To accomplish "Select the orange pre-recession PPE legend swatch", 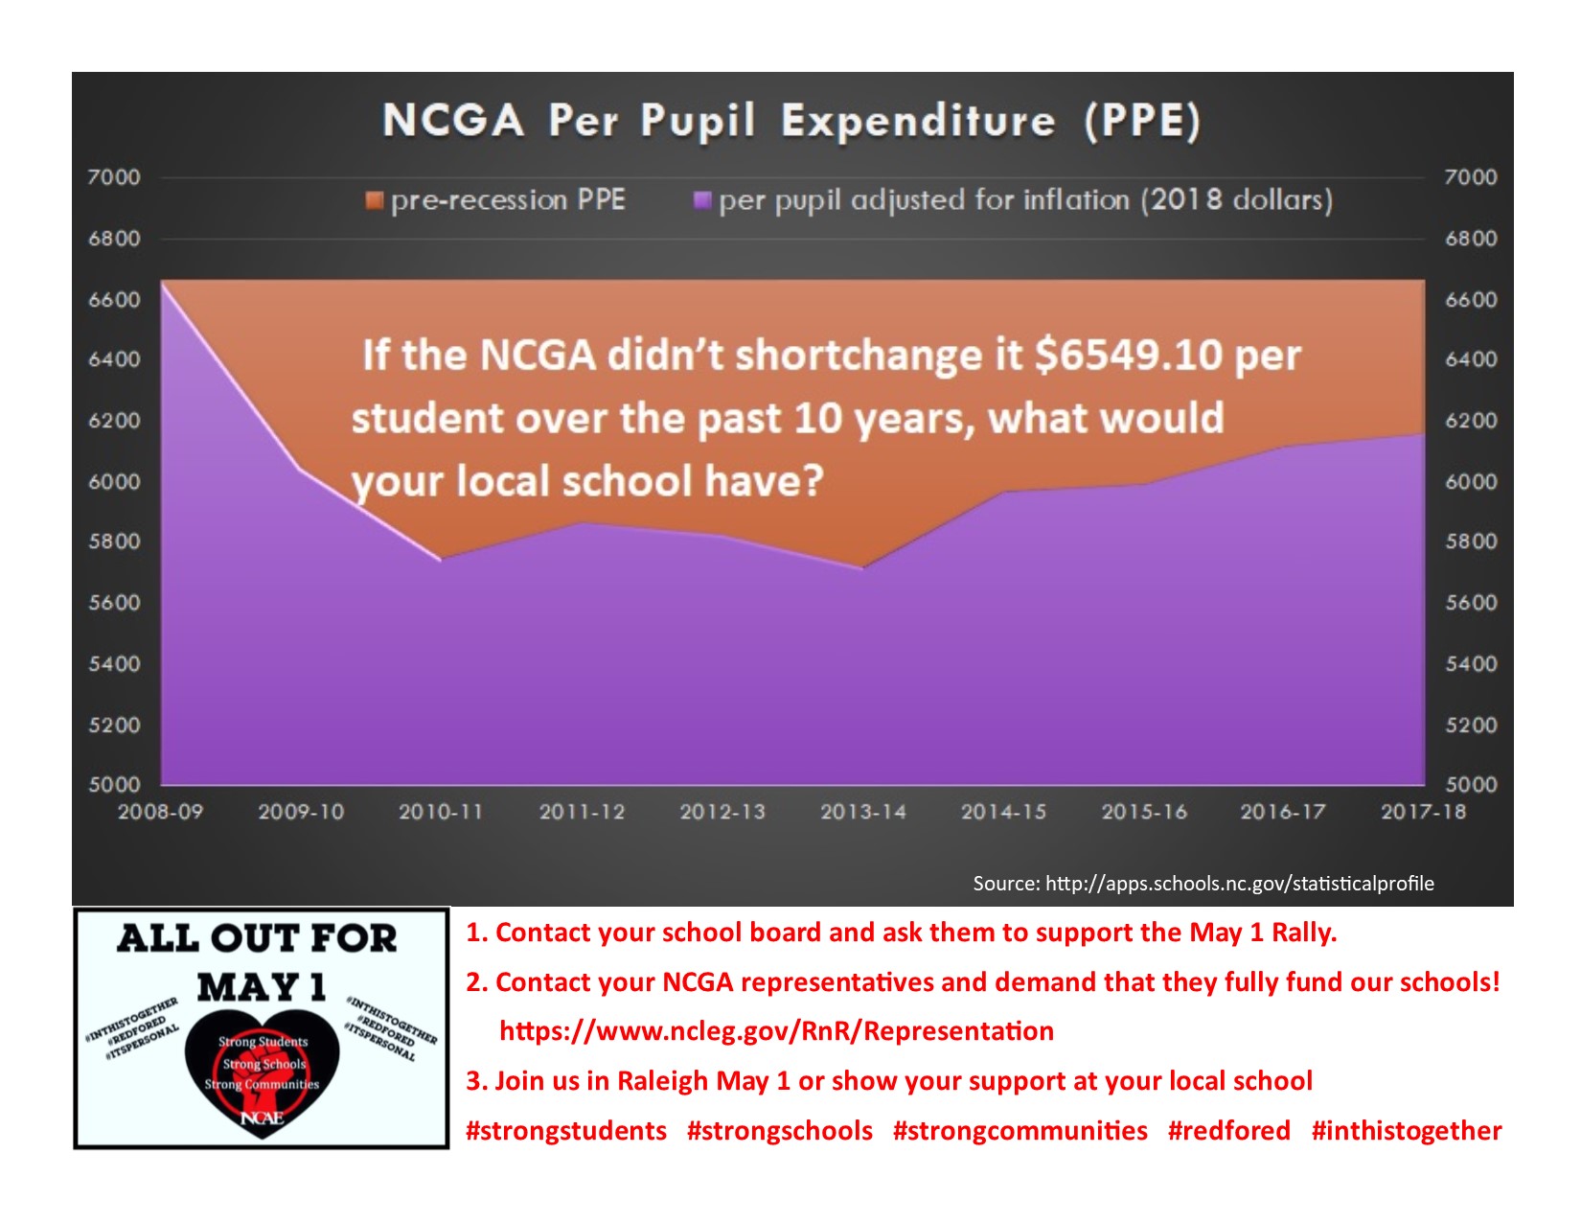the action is [374, 200].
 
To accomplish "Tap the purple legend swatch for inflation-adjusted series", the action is [702, 200].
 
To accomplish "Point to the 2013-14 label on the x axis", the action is [863, 812].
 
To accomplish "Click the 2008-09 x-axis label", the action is [161, 812].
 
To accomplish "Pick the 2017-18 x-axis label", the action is [1424, 812].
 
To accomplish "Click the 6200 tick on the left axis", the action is [114, 421].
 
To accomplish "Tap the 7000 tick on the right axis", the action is [1471, 177].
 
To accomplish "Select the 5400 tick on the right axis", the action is [1471, 664].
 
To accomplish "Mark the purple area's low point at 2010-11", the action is [441, 560].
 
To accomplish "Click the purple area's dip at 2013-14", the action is [863, 568].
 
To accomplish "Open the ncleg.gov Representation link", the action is [776, 1031].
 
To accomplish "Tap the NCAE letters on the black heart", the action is [262, 1118].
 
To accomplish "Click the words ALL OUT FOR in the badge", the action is [257, 938].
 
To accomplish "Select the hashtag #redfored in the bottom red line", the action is [1228, 1131].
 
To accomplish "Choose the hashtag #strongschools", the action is [779, 1131].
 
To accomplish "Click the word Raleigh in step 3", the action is [662, 1081].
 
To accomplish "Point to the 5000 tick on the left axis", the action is [114, 785].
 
